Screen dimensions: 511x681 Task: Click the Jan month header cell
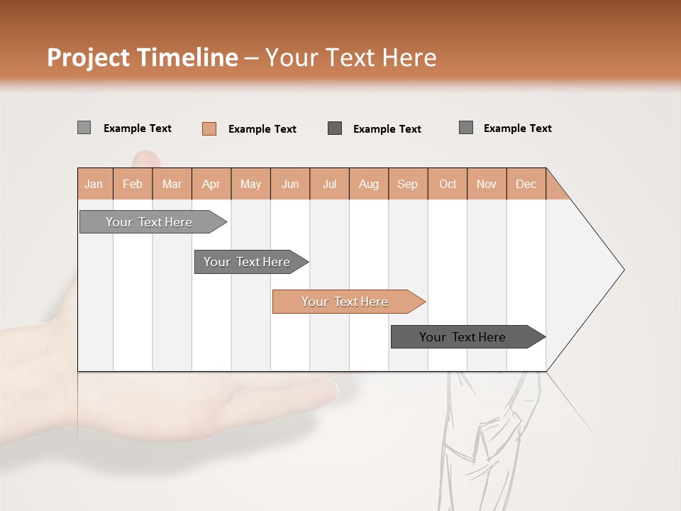click(x=94, y=184)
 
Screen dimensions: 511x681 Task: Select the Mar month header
click(x=172, y=184)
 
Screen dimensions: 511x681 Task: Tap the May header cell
click(x=250, y=184)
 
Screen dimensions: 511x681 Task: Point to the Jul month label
click(x=329, y=184)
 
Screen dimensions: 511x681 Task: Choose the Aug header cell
click(x=368, y=184)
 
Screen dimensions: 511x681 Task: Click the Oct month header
click(x=448, y=184)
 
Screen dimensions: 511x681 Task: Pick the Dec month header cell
click(x=526, y=184)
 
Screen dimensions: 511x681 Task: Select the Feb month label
click(x=133, y=184)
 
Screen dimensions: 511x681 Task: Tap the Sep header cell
click(x=407, y=184)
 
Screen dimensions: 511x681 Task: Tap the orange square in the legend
click(x=209, y=128)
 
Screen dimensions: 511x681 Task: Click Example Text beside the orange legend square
click(x=262, y=129)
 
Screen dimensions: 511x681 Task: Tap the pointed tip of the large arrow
click(x=622, y=270)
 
